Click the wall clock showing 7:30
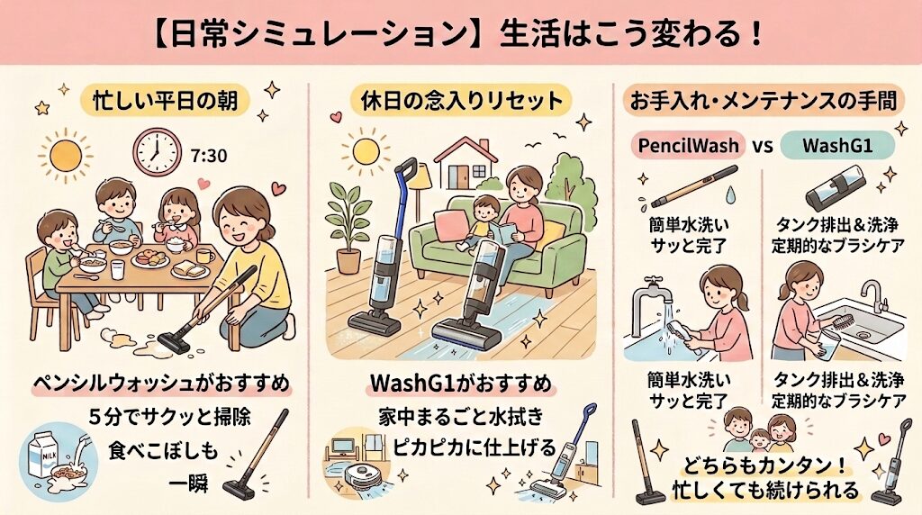[157, 152]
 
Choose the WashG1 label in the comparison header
[830, 144]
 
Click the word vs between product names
[762, 145]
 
